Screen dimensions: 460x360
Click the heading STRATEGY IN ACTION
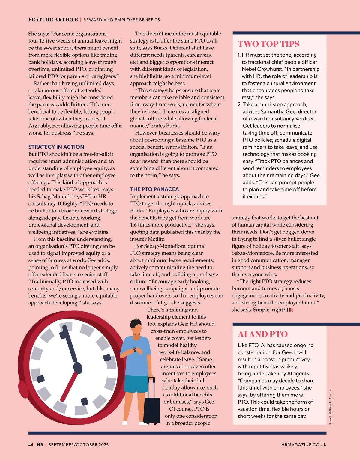click(56, 147)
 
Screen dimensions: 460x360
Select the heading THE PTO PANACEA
click(154, 189)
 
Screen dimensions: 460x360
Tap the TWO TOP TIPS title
click(268, 44)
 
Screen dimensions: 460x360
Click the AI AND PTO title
click(262, 334)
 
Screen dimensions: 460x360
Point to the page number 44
click(31, 445)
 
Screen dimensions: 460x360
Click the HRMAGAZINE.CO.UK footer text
click(304, 445)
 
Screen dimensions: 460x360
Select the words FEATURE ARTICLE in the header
click(53, 20)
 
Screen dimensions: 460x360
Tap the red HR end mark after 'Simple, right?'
click(290, 310)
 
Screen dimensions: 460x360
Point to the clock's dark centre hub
click(78, 367)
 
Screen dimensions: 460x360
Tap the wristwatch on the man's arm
click(135, 349)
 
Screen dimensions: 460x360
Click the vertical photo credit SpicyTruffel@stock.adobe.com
click(331, 406)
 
